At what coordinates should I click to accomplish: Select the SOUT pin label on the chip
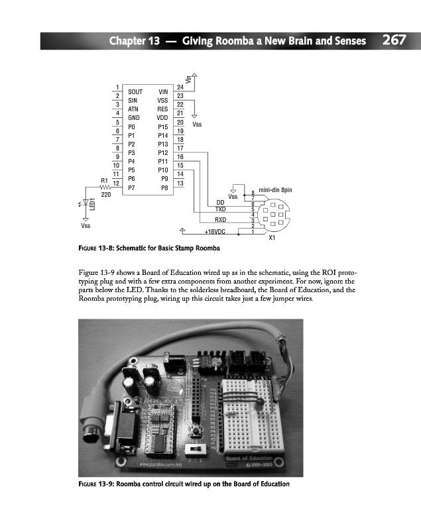pyautogui.click(x=135, y=92)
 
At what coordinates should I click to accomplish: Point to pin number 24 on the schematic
pyautogui.click(x=180, y=87)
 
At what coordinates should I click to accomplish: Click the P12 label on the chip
pyautogui.click(x=162, y=152)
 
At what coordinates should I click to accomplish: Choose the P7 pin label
pyautogui.click(x=132, y=187)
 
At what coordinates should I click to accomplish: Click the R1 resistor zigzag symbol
pyautogui.click(x=105, y=187)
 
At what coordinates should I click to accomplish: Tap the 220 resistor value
pyautogui.click(x=105, y=195)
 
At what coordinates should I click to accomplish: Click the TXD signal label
pyautogui.click(x=221, y=209)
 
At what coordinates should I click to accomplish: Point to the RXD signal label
pyautogui.click(x=221, y=219)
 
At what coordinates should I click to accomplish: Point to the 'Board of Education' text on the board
pyautogui.click(x=251, y=458)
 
